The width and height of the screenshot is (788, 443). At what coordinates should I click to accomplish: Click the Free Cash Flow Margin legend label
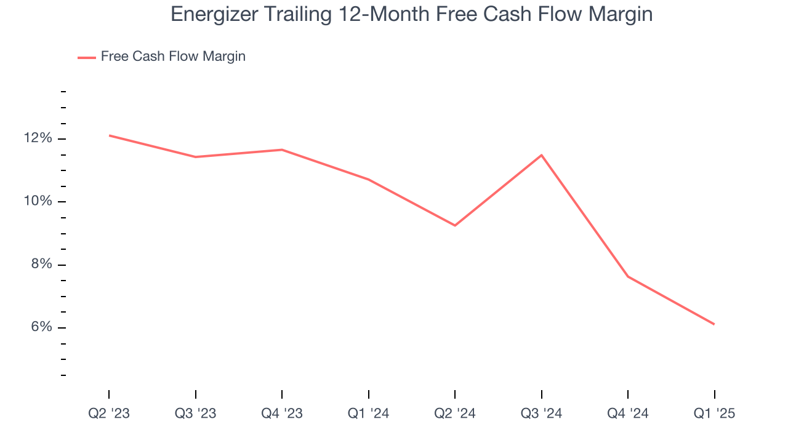pos(173,57)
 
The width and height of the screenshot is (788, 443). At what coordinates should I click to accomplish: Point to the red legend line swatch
pos(87,57)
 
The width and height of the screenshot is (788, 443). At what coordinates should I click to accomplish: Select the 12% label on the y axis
pos(38,138)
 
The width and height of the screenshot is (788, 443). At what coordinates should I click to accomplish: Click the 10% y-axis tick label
pos(38,202)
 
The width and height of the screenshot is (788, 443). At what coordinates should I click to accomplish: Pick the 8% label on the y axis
pos(41,265)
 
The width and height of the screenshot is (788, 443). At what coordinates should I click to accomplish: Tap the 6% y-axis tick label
pos(41,327)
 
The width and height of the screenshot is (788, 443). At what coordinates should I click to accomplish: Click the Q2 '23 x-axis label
pos(109,414)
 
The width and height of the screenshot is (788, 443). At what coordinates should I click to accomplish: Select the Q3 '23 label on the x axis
pos(196,414)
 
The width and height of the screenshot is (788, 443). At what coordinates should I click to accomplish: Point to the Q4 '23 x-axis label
pos(282,414)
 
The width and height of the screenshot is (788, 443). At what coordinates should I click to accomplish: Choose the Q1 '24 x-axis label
pos(368,414)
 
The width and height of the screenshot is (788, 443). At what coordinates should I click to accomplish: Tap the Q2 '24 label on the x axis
pos(455,414)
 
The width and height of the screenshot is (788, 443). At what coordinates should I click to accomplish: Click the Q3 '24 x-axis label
pos(541,414)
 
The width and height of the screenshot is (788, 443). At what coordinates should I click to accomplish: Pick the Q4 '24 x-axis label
pos(628,414)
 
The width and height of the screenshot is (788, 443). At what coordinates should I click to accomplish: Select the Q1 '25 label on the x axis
pos(714,414)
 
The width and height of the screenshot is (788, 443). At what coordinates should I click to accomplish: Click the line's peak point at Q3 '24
pos(541,155)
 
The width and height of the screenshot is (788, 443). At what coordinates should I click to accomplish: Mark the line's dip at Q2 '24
pos(455,225)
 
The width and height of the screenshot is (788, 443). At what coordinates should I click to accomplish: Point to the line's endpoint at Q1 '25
pos(714,324)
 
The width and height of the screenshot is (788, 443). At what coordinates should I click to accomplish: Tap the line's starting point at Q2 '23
pos(109,135)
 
